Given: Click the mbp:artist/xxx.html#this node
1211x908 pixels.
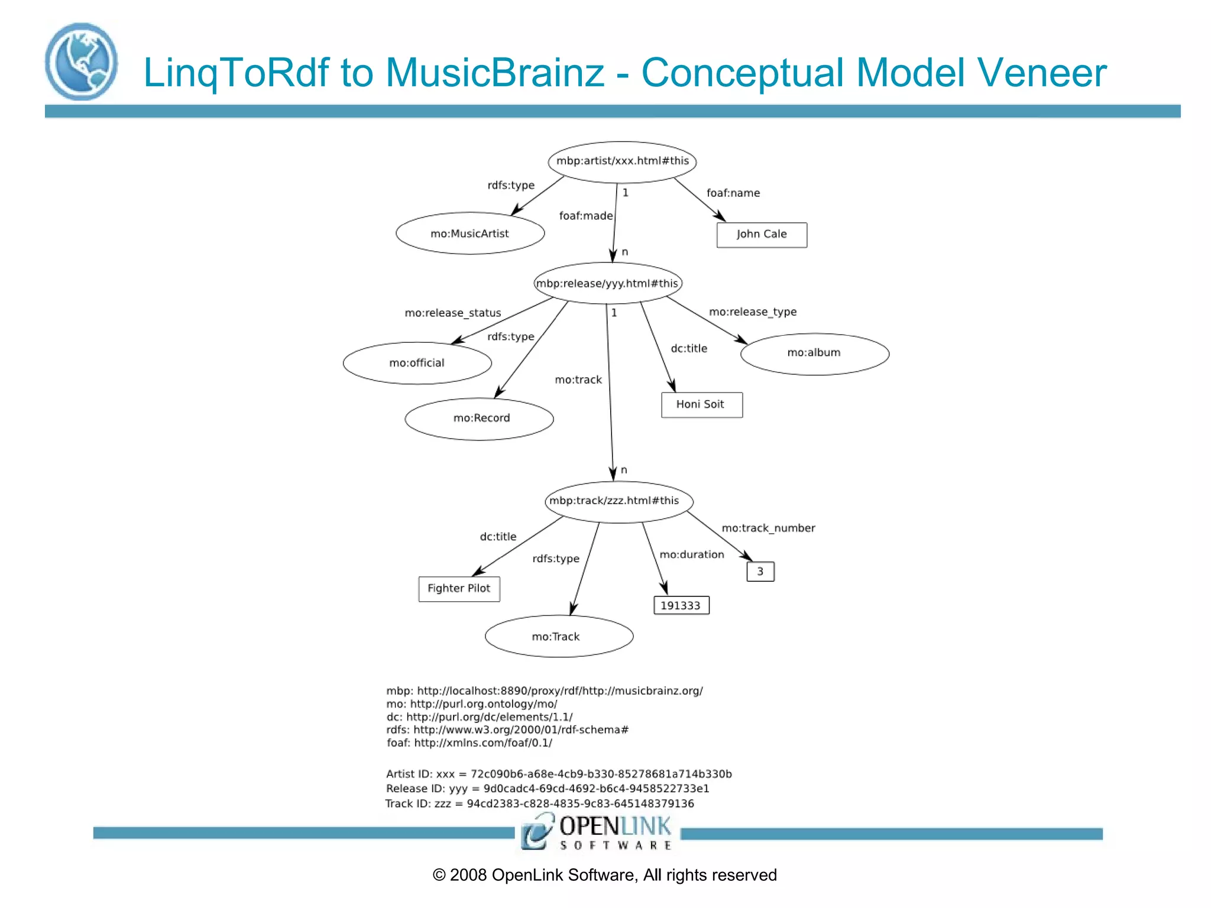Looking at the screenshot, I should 622,161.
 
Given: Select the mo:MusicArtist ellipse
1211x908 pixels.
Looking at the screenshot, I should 470,234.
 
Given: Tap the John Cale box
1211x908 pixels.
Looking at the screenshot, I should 762,235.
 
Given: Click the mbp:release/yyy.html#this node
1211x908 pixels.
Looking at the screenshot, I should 607,284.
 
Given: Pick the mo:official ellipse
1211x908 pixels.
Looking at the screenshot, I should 417,363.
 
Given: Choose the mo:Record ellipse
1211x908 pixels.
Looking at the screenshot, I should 480,419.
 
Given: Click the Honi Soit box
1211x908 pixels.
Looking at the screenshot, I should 701,405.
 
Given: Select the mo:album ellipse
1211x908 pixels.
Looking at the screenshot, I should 814,354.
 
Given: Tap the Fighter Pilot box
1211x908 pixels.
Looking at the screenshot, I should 459,589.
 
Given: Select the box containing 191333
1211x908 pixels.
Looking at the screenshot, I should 681,605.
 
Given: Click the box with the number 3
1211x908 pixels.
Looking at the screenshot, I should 760,572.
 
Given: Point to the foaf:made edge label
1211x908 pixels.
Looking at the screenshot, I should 585,216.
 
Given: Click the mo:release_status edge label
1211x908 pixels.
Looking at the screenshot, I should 452,313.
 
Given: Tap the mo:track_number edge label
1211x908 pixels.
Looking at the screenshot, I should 768,528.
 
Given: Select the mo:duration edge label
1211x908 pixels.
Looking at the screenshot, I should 692,554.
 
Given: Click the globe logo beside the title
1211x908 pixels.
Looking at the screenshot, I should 81,62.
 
